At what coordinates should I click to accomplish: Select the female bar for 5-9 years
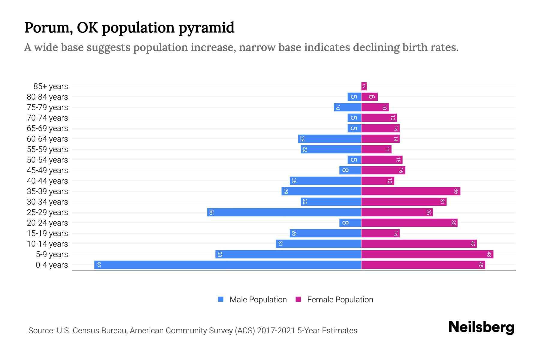point(427,254)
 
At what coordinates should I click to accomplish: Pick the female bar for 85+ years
point(364,86)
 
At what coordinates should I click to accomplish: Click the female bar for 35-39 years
point(410,191)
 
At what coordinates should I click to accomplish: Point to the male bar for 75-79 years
point(347,107)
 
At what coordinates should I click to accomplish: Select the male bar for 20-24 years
point(350,223)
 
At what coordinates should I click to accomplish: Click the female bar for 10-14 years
point(419,244)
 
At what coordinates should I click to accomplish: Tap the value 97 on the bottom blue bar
point(99,265)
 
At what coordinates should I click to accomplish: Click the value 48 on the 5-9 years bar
point(489,254)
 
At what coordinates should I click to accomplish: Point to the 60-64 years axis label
point(47,139)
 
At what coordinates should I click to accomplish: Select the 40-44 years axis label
point(47,181)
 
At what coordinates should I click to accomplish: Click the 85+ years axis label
point(51,86)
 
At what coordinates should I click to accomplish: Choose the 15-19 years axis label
point(47,233)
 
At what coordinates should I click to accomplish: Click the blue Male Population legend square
point(221,299)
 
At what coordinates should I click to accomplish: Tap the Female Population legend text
point(340,300)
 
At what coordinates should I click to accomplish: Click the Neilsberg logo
point(481,327)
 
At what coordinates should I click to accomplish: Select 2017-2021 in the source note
point(276,331)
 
